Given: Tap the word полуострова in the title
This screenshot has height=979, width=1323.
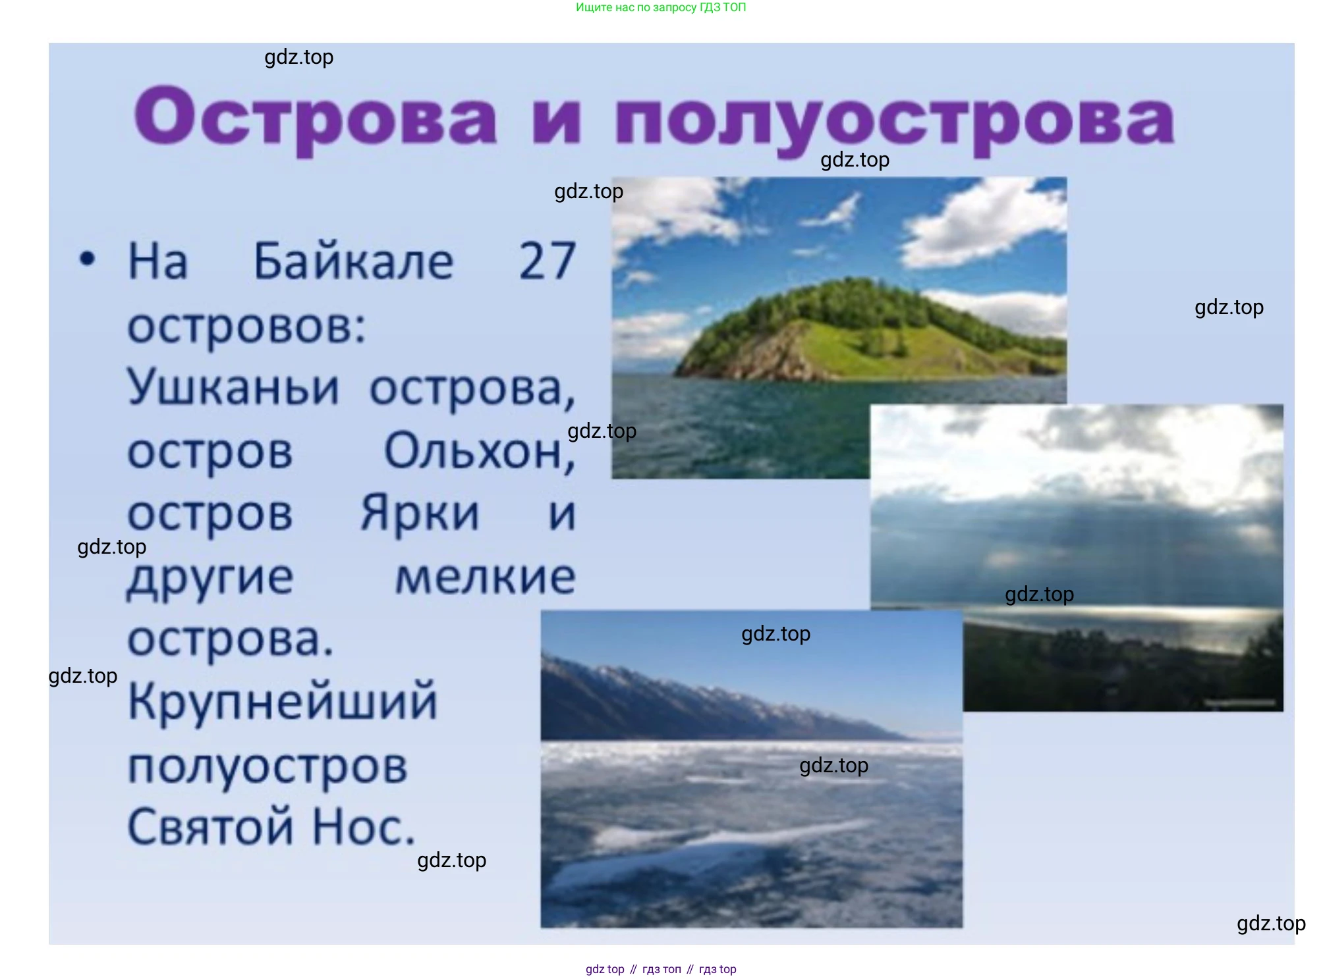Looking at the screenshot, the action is click(895, 120).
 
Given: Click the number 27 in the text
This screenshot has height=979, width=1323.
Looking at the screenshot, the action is click(548, 261).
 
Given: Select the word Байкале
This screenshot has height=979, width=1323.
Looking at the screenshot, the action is click(354, 261).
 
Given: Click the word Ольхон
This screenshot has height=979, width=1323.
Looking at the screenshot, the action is click(480, 452).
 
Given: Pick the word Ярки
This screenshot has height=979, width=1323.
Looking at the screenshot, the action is click(420, 513).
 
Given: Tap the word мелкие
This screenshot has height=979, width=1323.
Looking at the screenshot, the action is click(486, 577).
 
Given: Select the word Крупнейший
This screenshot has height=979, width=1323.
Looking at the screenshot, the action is click(283, 702).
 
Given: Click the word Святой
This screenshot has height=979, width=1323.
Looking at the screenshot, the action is click(211, 827).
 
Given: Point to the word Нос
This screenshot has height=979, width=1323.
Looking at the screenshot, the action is click(363, 827).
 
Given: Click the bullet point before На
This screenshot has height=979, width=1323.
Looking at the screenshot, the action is click(87, 259).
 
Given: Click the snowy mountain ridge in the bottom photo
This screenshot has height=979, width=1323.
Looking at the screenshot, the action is click(725, 702).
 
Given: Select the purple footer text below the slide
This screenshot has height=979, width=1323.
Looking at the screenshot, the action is click(661, 969).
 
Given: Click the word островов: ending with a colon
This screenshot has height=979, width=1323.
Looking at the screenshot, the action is click(246, 326).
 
